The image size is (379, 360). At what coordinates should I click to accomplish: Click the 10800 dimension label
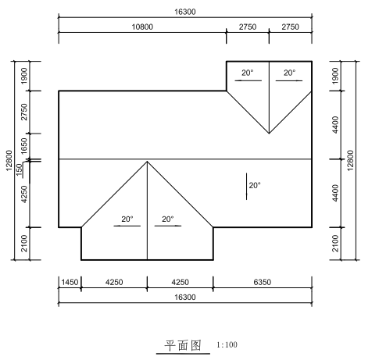[x=142, y=27]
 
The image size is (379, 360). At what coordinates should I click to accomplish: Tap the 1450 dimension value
[x=70, y=282]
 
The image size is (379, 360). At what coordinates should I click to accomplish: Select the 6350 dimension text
[x=263, y=282]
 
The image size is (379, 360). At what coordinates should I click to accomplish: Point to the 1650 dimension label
[x=23, y=146]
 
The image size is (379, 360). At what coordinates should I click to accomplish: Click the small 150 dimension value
[x=20, y=169]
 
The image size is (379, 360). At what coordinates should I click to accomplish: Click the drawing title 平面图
[x=183, y=345]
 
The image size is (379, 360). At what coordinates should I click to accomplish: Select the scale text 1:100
[x=227, y=345]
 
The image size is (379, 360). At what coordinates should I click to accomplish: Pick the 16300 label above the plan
[x=185, y=12]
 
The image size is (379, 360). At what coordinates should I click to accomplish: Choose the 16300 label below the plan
[x=185, y=297]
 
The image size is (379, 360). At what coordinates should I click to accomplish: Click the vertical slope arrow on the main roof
[x=246, y=187]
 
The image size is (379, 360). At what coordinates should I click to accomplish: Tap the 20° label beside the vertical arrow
[x=255, y=185]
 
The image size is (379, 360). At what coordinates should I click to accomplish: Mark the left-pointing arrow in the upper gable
[x=248, y=80]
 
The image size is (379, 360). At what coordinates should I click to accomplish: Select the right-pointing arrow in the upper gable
[x=289, y=80]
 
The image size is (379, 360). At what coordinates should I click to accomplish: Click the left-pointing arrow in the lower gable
[x=127, y=226]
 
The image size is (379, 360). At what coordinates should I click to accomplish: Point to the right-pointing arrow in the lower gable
[x=168, y=226]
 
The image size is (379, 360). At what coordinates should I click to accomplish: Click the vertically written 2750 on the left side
[x=23, y=112]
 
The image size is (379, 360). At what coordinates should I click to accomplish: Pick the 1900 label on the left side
[x=23, y=76]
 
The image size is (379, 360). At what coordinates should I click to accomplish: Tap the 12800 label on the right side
[x=350, y=160]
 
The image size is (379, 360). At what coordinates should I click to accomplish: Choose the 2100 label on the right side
[x=335, y=244]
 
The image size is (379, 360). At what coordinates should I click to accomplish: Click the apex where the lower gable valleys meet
[x=147, y=162]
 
